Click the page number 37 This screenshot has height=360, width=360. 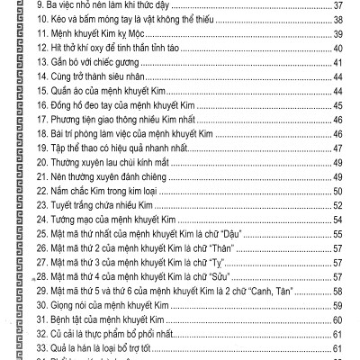(x=338, y=6)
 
